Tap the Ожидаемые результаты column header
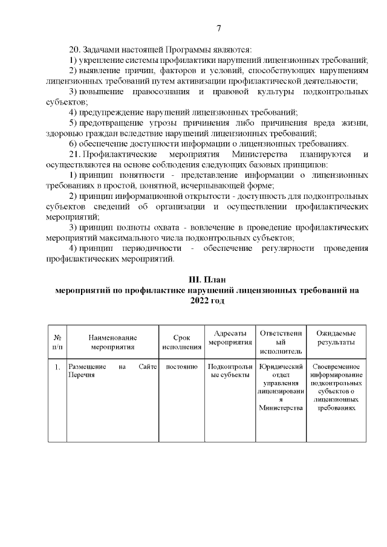tap(336, 338)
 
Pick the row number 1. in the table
tap(57, 367)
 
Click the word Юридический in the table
tap(279, 367)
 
